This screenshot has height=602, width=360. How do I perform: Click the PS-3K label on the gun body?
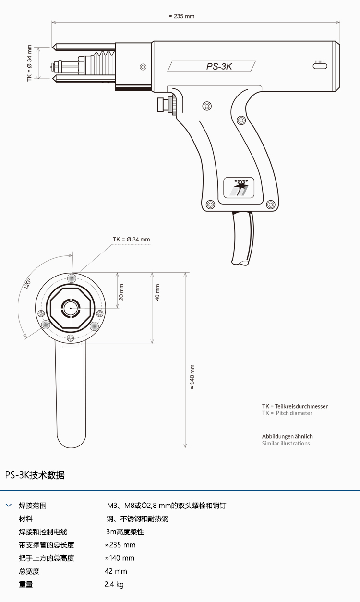click(219, 67)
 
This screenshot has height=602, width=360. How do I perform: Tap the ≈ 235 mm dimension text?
click(181, 16)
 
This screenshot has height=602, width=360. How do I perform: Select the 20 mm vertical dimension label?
click(121, 291)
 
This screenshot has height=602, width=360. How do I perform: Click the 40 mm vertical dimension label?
click(157, 292)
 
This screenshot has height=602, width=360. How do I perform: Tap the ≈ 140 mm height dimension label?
click(192, 377)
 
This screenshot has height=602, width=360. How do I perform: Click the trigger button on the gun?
click(168, 104)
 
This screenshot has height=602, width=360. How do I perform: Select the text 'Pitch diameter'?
click(294, 413)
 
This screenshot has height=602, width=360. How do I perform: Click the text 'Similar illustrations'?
click(286, 444)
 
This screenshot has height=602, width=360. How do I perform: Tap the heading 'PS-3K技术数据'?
click(35, 475)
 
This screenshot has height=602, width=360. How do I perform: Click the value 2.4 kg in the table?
click(114, 585)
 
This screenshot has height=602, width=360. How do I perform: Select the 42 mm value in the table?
click(116, 571)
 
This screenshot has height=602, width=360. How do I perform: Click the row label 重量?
click(26, 585)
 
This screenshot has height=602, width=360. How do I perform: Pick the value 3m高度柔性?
click(125, 532)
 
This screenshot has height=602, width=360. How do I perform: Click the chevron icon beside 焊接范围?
click(8, 506)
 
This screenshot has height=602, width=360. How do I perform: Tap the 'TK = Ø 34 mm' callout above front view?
click(131, 239)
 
